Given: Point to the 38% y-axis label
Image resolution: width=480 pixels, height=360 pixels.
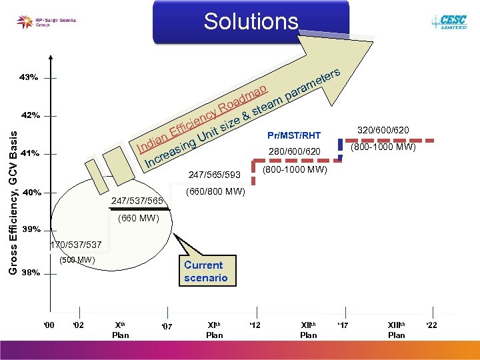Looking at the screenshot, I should coord(31,272).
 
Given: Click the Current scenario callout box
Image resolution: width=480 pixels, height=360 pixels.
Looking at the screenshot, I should coord(206,271).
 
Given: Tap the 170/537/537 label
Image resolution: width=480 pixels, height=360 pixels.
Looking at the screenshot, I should coord(76,245).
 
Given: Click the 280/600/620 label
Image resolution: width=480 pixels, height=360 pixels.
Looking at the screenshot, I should coord(295,153).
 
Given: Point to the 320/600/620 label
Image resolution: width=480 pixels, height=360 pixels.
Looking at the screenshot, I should coord(383,130).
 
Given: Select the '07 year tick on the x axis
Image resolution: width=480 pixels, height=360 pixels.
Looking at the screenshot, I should coord(167,326).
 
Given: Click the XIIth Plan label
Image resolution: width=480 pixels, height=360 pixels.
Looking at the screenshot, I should coord(309,329).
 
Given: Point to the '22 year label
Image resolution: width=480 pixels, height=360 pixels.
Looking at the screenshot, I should coord(432,325).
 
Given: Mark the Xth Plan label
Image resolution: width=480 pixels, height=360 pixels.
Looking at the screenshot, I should coord(121,329).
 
